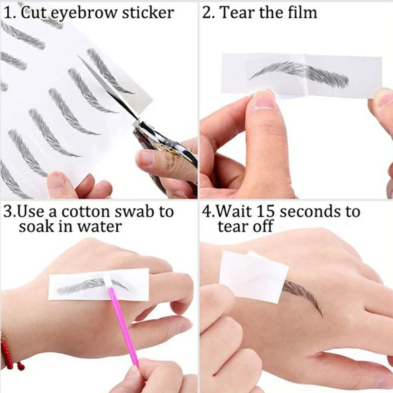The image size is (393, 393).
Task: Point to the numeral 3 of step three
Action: coord(7,212)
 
